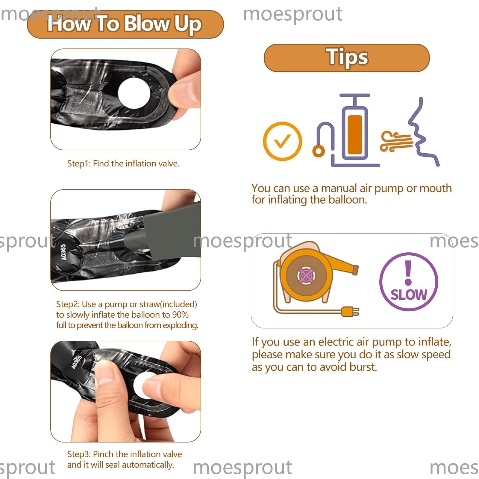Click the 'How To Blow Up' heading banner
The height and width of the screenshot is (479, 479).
[125, 24]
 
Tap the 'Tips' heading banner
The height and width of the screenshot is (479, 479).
[347, 58]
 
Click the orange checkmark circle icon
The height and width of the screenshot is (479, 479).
[282, 141]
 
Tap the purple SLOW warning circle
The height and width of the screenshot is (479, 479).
[409, 282]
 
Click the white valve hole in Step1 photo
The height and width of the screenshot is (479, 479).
[134, 93]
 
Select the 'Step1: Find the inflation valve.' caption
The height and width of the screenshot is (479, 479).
[123, 163]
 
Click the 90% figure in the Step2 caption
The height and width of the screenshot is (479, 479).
[180, 315]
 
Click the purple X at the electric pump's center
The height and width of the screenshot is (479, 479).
[306, 276]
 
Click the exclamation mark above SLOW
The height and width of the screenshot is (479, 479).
[408, 272]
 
